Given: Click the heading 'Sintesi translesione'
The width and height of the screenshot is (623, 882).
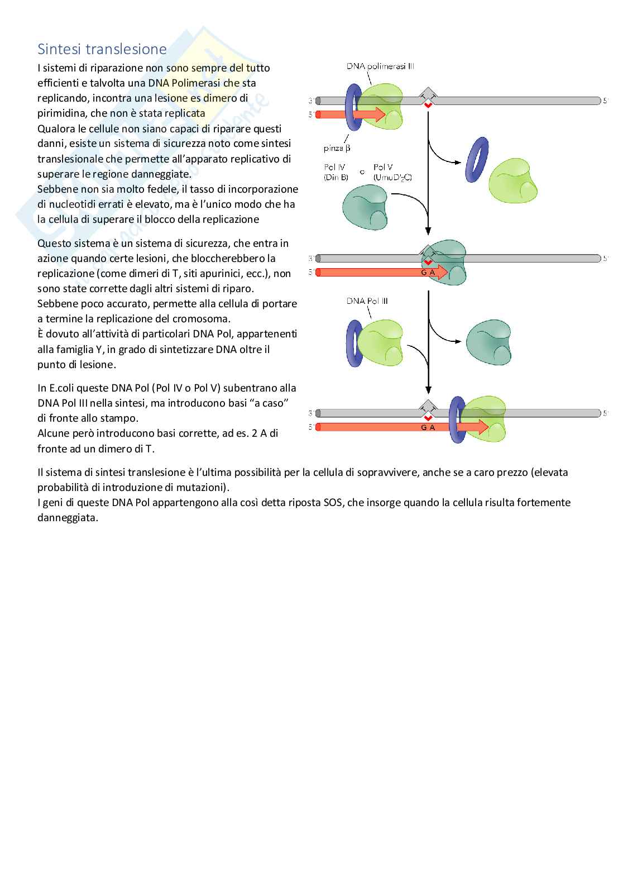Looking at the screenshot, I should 102,49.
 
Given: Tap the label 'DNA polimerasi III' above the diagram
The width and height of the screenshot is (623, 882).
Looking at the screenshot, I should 380,66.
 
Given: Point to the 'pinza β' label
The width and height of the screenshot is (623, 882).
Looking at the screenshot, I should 337,149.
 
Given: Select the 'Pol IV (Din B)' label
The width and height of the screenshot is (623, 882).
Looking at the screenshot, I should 336,172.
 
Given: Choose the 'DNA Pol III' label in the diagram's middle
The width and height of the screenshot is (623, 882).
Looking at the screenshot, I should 367,301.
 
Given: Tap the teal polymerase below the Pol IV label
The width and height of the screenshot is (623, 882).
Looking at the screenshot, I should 366,208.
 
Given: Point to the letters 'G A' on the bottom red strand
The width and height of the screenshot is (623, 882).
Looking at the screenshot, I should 428,427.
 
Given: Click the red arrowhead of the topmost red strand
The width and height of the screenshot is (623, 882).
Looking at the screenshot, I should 380,115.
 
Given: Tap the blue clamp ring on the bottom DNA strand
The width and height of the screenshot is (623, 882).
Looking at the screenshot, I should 457,419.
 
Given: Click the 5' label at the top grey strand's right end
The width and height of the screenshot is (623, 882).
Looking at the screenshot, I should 605,101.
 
